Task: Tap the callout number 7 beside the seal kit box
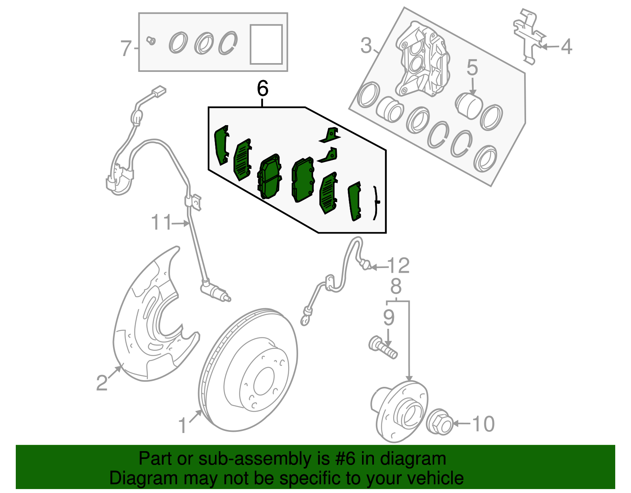coord(125,49)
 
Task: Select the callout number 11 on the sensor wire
coord(162,223)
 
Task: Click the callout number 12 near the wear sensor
coord(399,266)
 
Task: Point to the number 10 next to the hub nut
coord(483,424)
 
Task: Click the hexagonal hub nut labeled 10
coord(440,423)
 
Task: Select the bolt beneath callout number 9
coord(383,347)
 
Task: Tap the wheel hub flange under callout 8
coord(400,411)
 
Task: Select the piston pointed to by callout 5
coord(469,105)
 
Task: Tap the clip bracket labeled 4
coord(528,36)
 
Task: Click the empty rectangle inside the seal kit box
coord(266,44)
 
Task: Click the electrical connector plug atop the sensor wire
coord(159,92)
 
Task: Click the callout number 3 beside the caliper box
coord(366,46)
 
